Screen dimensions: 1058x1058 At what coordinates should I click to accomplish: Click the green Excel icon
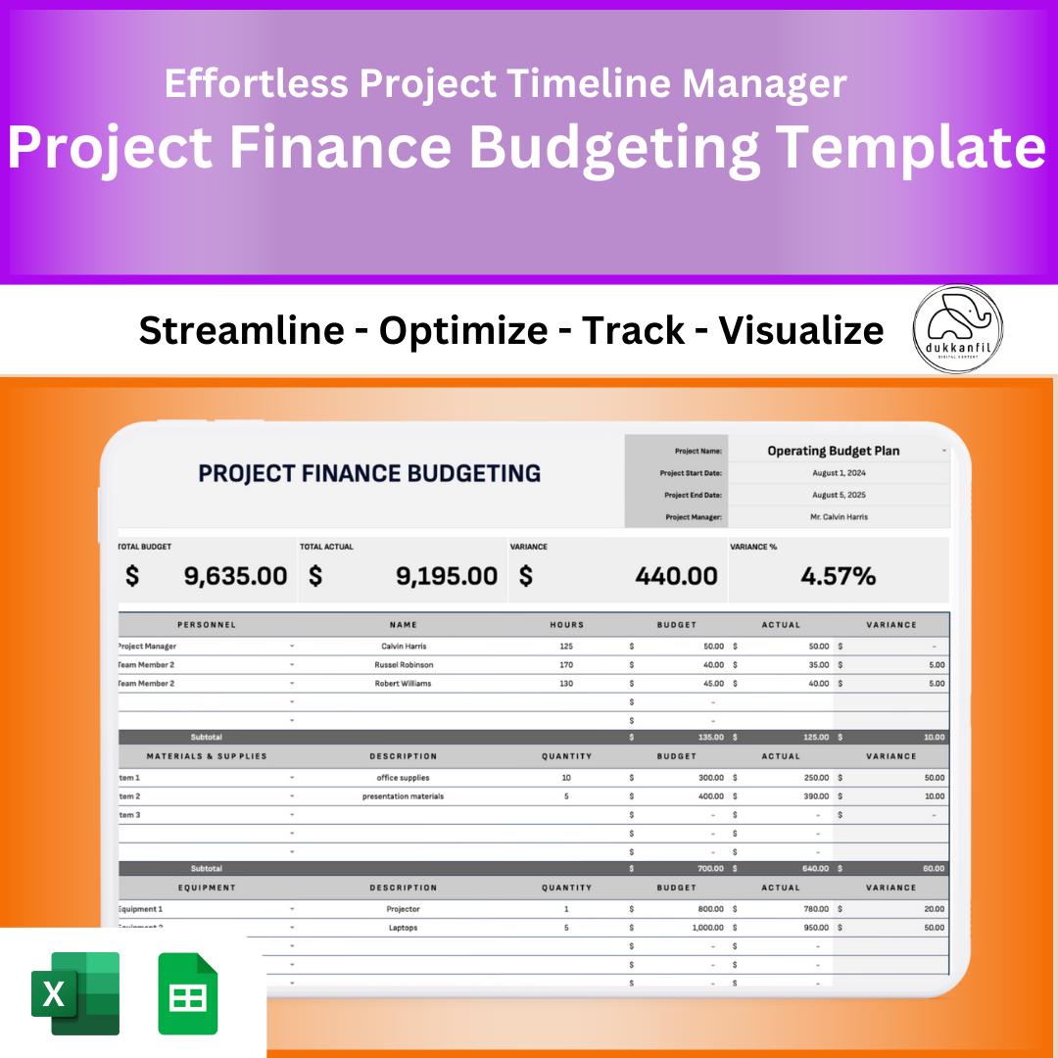[x=75, y=993]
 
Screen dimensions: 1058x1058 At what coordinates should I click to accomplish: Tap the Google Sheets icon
[x=188, y=993]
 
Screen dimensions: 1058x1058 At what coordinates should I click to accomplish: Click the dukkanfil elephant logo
[x=957, y=328]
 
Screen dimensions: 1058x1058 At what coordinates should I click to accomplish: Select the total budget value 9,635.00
[x=235, y=576]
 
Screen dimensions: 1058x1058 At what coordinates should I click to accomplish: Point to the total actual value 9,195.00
[x=446, y=576]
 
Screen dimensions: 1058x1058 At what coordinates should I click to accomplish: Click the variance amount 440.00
[x=676, y=576]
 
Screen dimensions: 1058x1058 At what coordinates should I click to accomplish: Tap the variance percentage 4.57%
[x=838, y=576]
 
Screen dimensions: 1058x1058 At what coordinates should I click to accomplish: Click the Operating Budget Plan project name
[x=833, y=452]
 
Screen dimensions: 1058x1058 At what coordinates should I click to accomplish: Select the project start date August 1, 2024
[x=839, y=473]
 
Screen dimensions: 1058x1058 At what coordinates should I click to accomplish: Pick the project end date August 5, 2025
[x=839, y=495]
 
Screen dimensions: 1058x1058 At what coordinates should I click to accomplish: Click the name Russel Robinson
[x=403, y=665]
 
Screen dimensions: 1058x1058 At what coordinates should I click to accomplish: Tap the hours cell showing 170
[x=566, y=665]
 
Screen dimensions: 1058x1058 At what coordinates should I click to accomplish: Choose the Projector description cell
[x=403, y=909]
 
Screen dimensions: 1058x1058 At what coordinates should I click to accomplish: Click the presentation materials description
[x=403, y=796]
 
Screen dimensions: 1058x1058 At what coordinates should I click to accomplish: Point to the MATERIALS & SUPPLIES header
[x=207, y=756]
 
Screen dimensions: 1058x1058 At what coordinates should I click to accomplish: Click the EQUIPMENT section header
[x=207, y=888]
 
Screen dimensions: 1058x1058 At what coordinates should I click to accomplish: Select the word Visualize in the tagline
[x=801, y=331]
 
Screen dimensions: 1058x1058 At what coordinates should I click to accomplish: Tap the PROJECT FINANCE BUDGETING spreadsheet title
[x=369, y=474]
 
